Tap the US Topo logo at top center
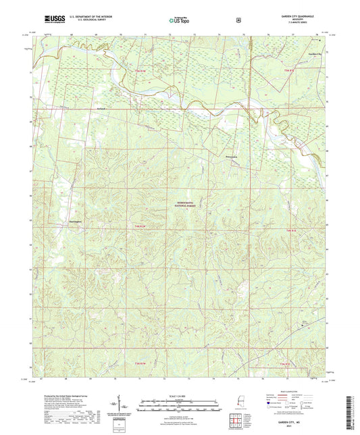(179, 21)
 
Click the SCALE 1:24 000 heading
(178, 395)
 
